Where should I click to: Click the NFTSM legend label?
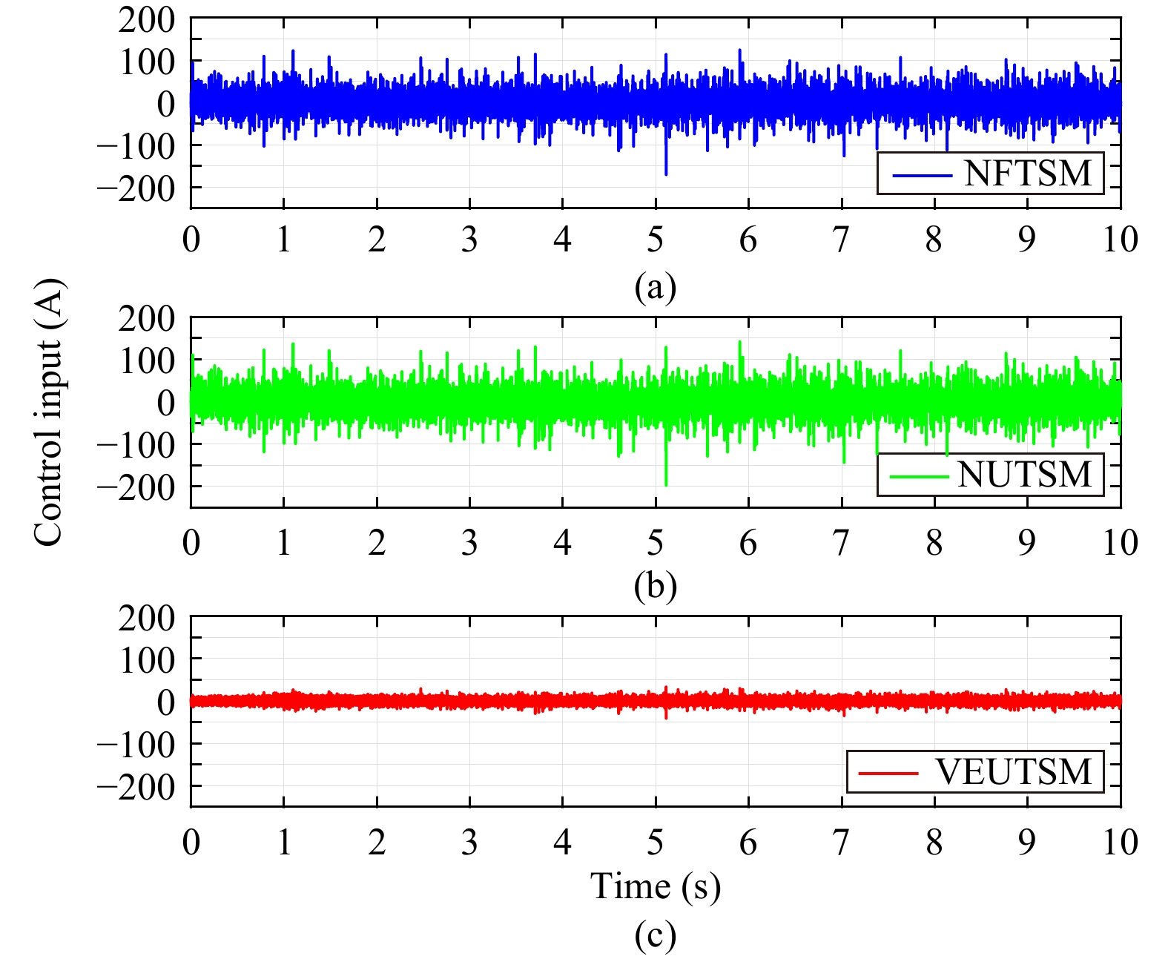tap(1028, 174)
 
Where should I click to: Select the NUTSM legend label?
tap(1025, 475)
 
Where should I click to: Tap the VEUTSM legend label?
tap(1014, 772)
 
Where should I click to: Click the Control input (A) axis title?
tap(49, 412)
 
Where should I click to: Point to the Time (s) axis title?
tap(655, 886)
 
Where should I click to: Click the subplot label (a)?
tap(656, 286)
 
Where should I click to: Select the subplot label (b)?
tap(656, 586)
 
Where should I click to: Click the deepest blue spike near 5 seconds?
tap(666, 172)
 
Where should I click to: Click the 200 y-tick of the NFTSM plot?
tap(147, 20)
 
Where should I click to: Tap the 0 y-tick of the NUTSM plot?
tap(166, 403)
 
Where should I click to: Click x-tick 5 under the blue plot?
tap(656, 240)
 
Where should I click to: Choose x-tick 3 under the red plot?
tap(469, 843)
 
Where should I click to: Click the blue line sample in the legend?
tap(922, 176)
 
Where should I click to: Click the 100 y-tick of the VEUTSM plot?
tap(147, 660)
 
